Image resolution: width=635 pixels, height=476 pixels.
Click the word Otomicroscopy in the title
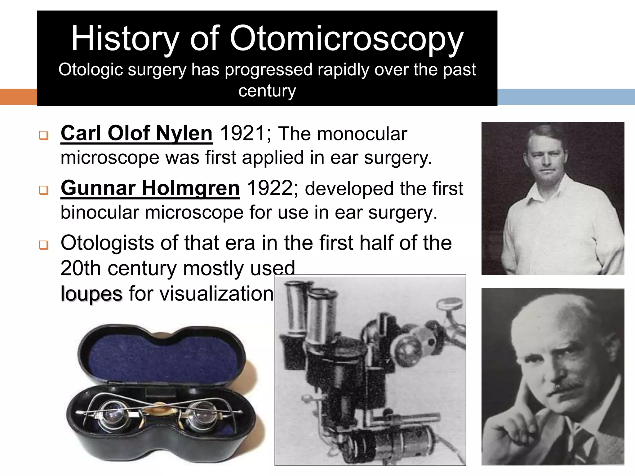click(346, 39)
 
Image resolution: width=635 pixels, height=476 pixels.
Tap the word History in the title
click(125, 39)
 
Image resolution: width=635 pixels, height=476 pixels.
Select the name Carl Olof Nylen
click(136, 134)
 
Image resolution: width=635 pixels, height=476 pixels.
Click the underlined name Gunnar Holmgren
click(150, 188)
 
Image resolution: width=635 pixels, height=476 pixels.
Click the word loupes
click(91, 294)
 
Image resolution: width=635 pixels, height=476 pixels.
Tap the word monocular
click(362, 134)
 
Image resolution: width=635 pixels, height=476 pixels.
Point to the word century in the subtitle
click(267, 91)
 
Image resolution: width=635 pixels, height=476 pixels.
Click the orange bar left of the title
click(18, 97)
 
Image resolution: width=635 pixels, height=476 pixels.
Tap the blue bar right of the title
click(566, 97)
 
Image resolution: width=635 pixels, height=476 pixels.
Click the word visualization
click(201, 294)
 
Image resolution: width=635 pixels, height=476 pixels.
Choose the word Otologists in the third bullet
click(107, 243)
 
